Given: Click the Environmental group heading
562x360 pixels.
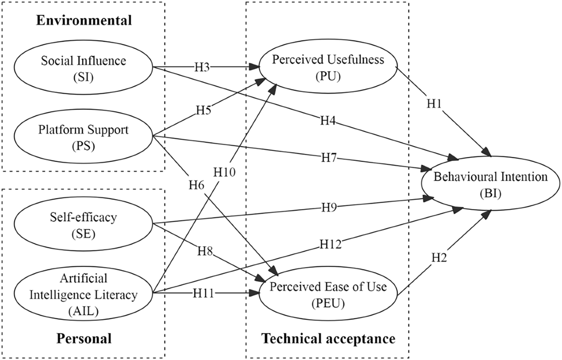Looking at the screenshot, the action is (x=84, y=20).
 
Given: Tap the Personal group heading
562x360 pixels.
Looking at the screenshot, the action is (x=84, y=338).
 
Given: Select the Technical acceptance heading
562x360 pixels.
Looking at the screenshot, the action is (x=328, y=338).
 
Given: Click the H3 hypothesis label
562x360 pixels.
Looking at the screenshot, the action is (x=202, y=67).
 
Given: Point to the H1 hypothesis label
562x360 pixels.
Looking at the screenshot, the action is (x=434, y=103).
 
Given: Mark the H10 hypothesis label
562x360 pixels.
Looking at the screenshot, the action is (x=224, y=172).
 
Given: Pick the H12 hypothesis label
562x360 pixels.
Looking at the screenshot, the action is (x=331, y=244).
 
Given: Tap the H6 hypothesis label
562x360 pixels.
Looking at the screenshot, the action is (x=196, y=185).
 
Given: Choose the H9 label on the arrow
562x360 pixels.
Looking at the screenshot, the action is (x=329, y=207).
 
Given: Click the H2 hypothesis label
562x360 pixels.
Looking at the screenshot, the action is (x=439, y=257).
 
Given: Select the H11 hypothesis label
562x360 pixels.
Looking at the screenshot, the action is (x=203, y=293).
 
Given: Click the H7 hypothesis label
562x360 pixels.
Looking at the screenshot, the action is (x=329, y=158).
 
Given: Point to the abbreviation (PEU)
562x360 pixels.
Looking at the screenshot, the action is (x=328, y=303).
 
